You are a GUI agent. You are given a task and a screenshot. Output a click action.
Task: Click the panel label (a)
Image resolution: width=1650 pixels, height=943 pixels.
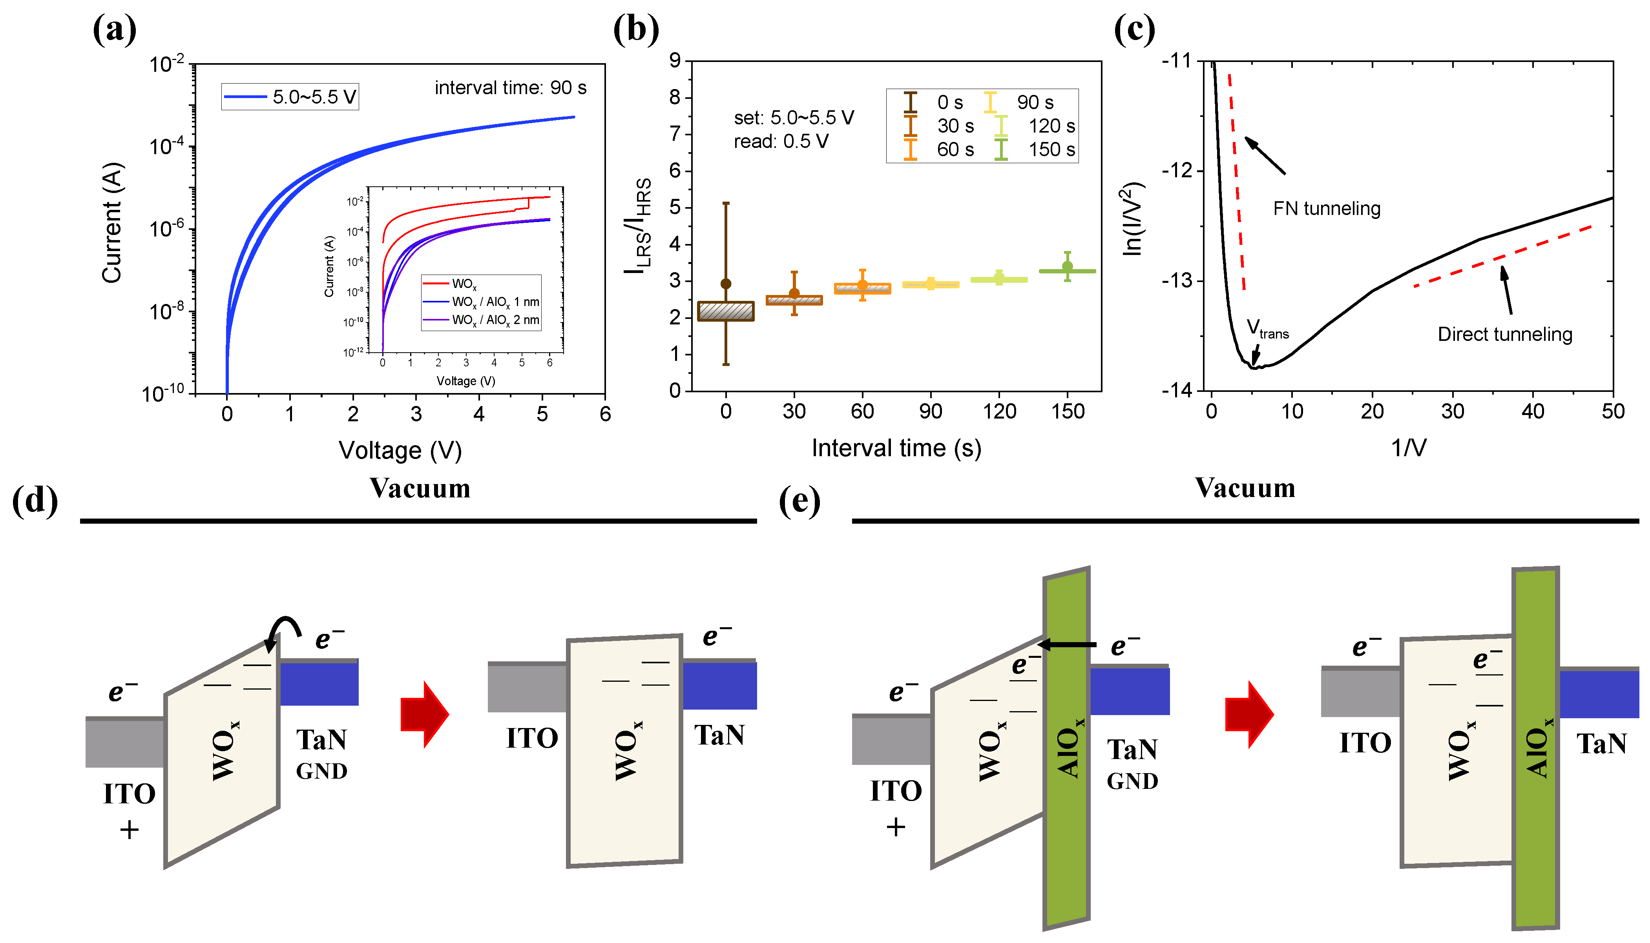click(x=115, y=30)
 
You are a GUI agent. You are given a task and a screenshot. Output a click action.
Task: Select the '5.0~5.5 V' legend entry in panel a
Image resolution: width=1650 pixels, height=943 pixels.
click(x=290, y=97)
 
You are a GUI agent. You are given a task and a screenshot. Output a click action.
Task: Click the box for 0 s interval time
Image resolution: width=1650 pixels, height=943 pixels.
click(x=726, y=311)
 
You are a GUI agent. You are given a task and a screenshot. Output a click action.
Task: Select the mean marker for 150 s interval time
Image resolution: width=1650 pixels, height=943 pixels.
click(x=1067, y=266)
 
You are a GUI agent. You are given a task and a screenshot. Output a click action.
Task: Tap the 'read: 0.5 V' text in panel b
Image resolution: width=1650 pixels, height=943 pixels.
click(x=781, y=141)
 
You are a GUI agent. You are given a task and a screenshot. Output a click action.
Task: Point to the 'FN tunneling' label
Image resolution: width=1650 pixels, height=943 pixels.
click(x=1326, y=209)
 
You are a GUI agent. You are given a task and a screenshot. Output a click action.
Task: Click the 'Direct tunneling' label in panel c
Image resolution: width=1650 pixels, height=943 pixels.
click(x=1504, y=334)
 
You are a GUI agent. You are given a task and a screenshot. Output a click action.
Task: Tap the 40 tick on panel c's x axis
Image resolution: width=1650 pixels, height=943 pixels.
click(x=1532, y=411)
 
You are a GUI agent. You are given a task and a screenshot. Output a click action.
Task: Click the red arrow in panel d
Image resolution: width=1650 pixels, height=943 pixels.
click(x=424, y=714)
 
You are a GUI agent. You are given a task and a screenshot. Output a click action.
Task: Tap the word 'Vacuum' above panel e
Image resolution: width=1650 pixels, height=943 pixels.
click(x=1245, y=488)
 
